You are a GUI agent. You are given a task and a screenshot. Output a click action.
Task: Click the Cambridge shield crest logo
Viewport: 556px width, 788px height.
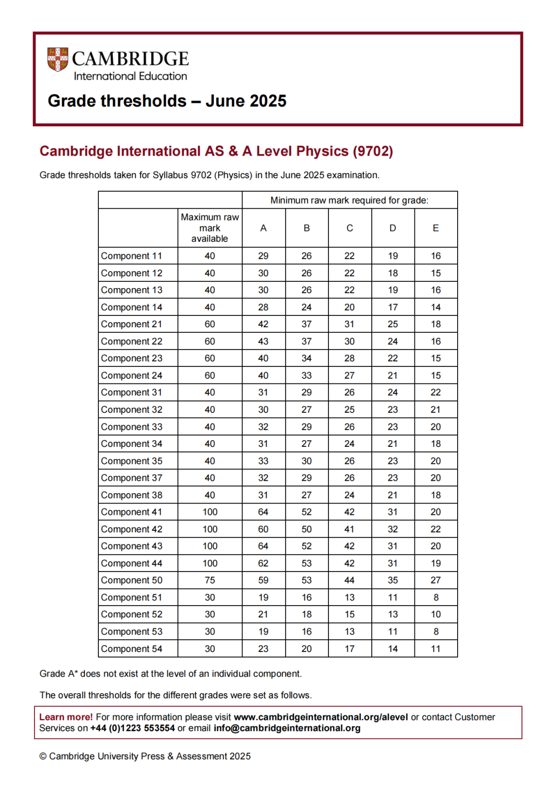pyautogui.click(x=58, y=60)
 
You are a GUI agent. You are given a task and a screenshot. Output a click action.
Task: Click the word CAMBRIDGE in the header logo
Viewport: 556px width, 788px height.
pyautogui.click(x=130, y=59)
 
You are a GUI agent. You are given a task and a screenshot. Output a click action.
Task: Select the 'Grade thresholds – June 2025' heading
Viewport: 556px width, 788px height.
pyautogui.click(x=167, y=101)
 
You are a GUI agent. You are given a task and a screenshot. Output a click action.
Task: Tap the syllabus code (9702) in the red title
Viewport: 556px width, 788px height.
pyautogui.click(x=372, y=151)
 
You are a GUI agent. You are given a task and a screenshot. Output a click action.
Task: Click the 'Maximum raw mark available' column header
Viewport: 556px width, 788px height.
pyautogui.click(x=210, y=228)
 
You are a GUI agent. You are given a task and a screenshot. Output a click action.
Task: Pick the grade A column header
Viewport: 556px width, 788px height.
pyautogui.click(x=263, y=228)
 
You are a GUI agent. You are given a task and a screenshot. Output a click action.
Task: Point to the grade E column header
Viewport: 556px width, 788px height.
pyautogui.click(x=436, y=228)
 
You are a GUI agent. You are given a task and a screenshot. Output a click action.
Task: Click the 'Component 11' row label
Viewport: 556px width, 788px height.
pyautogui.click(x=131, y=256)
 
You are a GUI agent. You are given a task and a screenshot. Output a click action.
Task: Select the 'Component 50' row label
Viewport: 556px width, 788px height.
pyautogui.click(x=131, y=580)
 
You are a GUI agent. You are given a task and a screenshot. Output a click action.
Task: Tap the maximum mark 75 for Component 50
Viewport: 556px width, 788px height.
pyautogui.click(x=210, y=580)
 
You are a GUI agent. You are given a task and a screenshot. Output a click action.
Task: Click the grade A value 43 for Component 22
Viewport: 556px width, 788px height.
pyautogui.click(x=263, y=341)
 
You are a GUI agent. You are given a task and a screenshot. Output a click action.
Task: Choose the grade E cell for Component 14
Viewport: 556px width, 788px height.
pyautogui.click(x=436, y=307)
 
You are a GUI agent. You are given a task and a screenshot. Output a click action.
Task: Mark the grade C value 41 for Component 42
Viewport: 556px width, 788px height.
pyautogui.click(x=349, y=529)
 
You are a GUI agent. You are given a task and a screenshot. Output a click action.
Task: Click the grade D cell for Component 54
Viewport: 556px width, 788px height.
pyautogui.click(x=392, y=649)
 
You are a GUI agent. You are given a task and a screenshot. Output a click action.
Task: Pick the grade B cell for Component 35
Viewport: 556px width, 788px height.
pyautogui.click(x=306, y=461)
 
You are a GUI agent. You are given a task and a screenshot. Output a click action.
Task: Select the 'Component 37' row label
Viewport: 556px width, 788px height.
pyautogui.click(x=131, y=478)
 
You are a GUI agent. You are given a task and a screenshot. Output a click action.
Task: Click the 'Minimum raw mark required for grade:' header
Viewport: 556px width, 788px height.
pyautogui.click(x=349, y=200)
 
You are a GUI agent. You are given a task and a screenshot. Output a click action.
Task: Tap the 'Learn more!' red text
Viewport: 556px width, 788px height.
pyautogui.click(x=66, y=717)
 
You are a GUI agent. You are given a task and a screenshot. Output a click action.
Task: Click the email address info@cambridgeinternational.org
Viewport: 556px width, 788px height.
pyautogui.click(x=287, y=728)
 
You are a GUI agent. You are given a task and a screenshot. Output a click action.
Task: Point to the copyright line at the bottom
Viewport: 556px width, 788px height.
pyautogui.click(x=145, y=756)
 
